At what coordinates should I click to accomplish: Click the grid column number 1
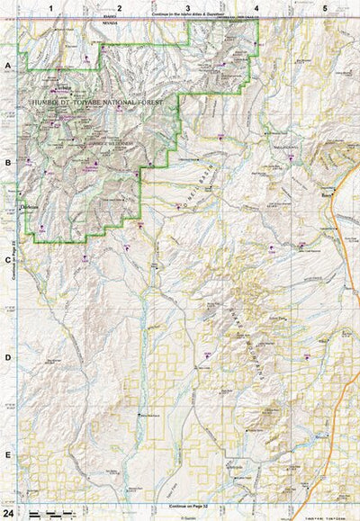52,7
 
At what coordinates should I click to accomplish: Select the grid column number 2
120,7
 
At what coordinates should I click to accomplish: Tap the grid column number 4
256,7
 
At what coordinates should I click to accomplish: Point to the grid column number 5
325,7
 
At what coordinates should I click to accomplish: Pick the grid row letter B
8,164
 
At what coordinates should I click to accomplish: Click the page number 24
9,512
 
